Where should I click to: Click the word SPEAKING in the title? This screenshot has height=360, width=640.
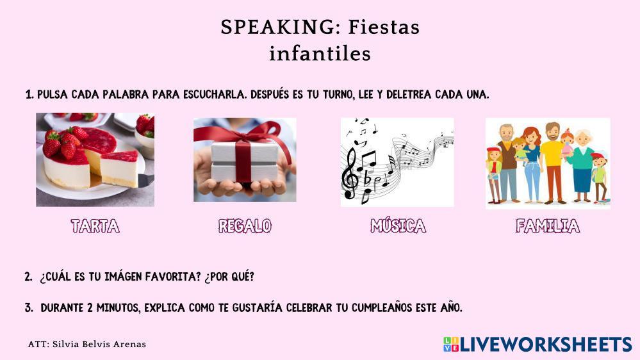tap(277, 28)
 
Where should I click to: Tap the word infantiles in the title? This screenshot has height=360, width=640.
tap(320, 53)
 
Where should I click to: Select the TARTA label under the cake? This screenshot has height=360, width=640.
tap(95, 226)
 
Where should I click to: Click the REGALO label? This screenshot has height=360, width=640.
tap(245, 226)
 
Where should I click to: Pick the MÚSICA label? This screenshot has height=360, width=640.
tap(398, 225)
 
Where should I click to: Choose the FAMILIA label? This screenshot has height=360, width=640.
tap(548, 226)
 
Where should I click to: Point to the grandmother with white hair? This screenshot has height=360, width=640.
tap(582, 165)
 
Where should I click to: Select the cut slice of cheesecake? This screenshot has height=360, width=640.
tap(120, 168)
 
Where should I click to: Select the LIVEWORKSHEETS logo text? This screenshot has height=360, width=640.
tap(546, 345)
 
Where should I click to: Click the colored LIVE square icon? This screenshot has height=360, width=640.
tap(451, 345)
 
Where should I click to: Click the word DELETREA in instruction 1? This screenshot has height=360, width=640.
tap(409, 95)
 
